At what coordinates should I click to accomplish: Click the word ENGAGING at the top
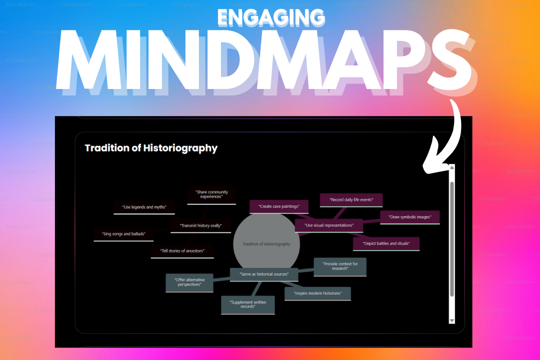click(x=270, y=17)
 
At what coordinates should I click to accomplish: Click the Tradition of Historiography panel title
click(x=151, y=148)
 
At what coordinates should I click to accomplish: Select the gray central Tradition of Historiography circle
click(x=266, y=244)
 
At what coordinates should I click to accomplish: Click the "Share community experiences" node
click(x=211, y=194)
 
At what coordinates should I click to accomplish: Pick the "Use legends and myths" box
click(x=144, y=207)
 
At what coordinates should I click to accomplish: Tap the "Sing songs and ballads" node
click(x=123, y=234)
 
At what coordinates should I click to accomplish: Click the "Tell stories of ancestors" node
click(x=182, y=251)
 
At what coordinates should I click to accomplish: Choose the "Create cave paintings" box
click(x=279, y=206)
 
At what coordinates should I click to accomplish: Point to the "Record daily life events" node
click(x=350, y=200)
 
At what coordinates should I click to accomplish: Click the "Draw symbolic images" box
click(x=409, y=217)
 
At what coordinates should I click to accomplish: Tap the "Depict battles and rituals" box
click(x=386, y=243)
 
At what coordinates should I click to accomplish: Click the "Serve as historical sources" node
click(x=263, y=274)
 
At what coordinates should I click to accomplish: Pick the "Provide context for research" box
click(x=340, y=266)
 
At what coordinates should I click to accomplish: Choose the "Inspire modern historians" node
click(x=317, y=293)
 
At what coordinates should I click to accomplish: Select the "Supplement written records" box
click(x=248, y=304)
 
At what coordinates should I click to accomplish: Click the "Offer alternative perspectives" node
click(x=189, y=282)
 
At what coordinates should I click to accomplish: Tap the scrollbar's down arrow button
click(x=452, y=320)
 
